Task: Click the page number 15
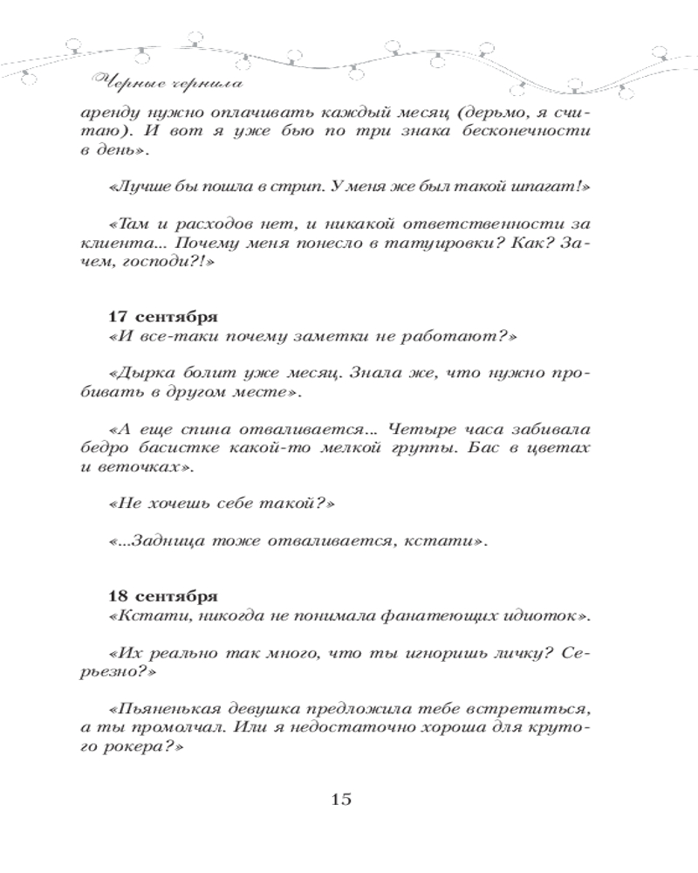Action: coord(340,798)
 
